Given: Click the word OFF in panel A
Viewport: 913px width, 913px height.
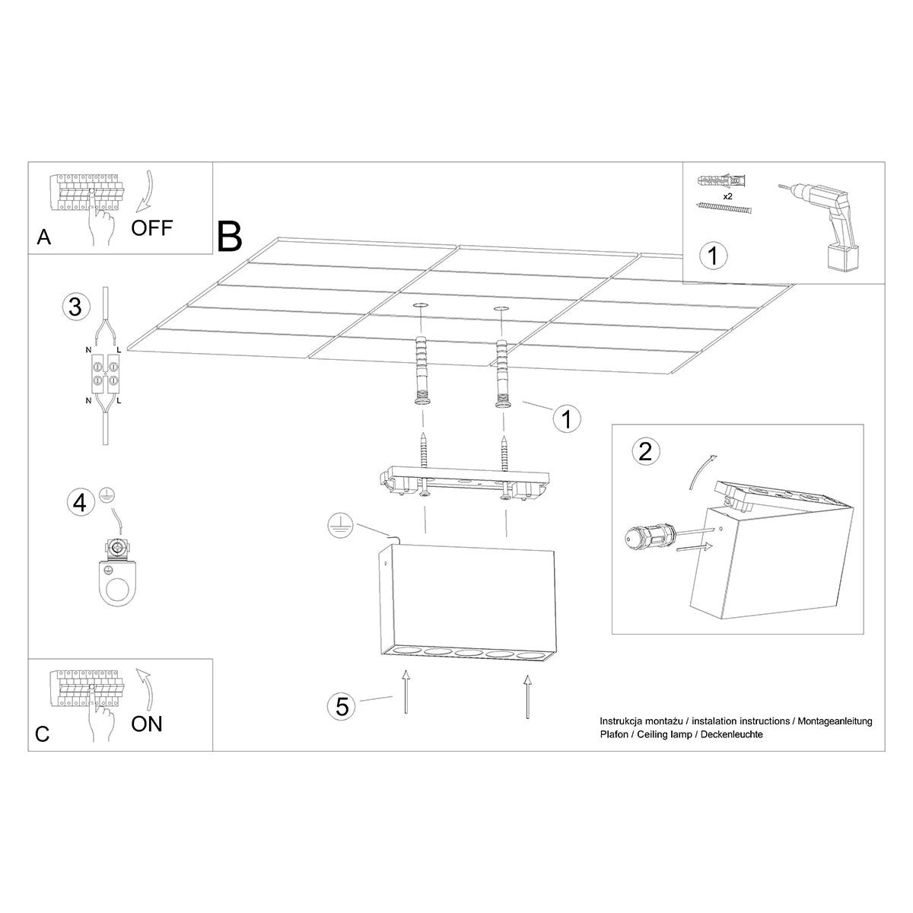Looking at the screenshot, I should [152, 227].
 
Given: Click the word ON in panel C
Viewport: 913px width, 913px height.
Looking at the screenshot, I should [147, 723].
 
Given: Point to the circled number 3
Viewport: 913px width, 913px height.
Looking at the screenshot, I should [75, 307].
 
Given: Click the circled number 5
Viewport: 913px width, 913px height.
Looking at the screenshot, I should [342, 706].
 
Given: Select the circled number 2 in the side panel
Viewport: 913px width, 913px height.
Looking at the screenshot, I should [646, 452].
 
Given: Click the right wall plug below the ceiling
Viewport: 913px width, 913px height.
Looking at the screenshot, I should [503, 373].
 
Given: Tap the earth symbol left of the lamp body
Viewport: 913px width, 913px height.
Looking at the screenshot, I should [338, 524].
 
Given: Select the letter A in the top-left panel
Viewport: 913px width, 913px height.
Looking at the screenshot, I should [44, 238].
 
